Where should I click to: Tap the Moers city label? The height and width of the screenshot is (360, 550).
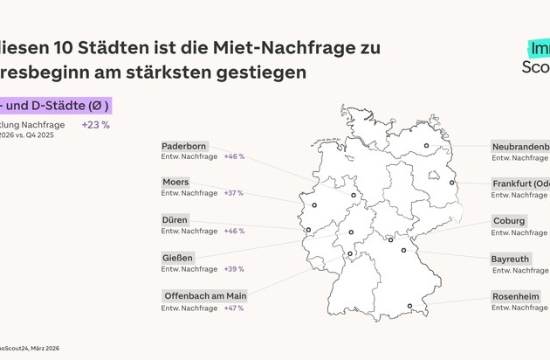click(175, 183)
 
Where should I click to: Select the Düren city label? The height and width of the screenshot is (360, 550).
click(175, 220)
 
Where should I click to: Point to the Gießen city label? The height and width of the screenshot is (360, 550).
click(177, 258)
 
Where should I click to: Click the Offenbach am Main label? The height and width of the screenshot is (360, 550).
click(205, 296)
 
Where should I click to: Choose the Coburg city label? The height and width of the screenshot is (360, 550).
click(509, 221)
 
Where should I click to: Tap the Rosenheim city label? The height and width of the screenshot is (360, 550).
click(515, 297)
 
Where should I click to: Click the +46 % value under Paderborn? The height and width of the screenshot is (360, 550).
click(234, 156)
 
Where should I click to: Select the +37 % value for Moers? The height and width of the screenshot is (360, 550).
click(234, 193)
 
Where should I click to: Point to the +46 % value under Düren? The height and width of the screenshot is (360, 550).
click(234, 231)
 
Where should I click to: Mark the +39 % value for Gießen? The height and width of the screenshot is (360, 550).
click(234, 269)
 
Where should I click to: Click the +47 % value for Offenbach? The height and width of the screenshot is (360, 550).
click(234, 308)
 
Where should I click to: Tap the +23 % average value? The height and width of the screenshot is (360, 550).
click(95, 124)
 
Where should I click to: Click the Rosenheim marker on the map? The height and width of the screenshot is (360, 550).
click(409, 306)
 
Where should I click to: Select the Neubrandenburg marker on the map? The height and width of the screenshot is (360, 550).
click(426, 146)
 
